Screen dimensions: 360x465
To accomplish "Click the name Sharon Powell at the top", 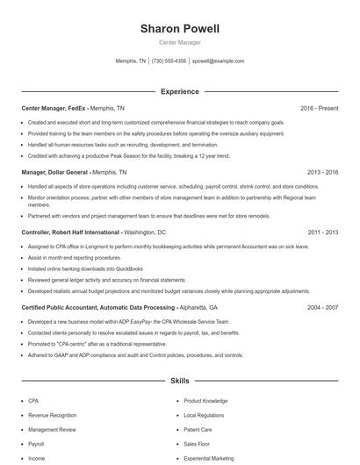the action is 180,29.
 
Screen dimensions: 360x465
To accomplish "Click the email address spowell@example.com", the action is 218,61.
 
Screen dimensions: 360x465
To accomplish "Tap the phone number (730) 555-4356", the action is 169,61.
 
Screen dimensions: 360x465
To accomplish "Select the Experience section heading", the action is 180,91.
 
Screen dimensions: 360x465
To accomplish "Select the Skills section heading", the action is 180,382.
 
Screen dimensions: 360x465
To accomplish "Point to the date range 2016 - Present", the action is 319,108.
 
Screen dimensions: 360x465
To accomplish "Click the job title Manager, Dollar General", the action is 55,173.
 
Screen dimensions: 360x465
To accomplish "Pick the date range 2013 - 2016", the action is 322,173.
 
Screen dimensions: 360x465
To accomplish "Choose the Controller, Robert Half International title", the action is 71,232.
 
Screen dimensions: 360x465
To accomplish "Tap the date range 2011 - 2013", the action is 322,232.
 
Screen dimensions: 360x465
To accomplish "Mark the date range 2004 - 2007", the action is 322,308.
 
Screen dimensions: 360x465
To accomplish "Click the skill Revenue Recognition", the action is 52,415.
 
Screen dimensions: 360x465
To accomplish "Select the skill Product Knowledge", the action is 205,400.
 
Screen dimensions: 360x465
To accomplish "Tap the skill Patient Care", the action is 198,430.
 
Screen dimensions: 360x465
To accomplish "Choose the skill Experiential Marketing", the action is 209,458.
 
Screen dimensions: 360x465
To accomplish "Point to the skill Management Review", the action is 52,430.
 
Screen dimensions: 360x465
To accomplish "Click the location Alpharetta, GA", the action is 200,308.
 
